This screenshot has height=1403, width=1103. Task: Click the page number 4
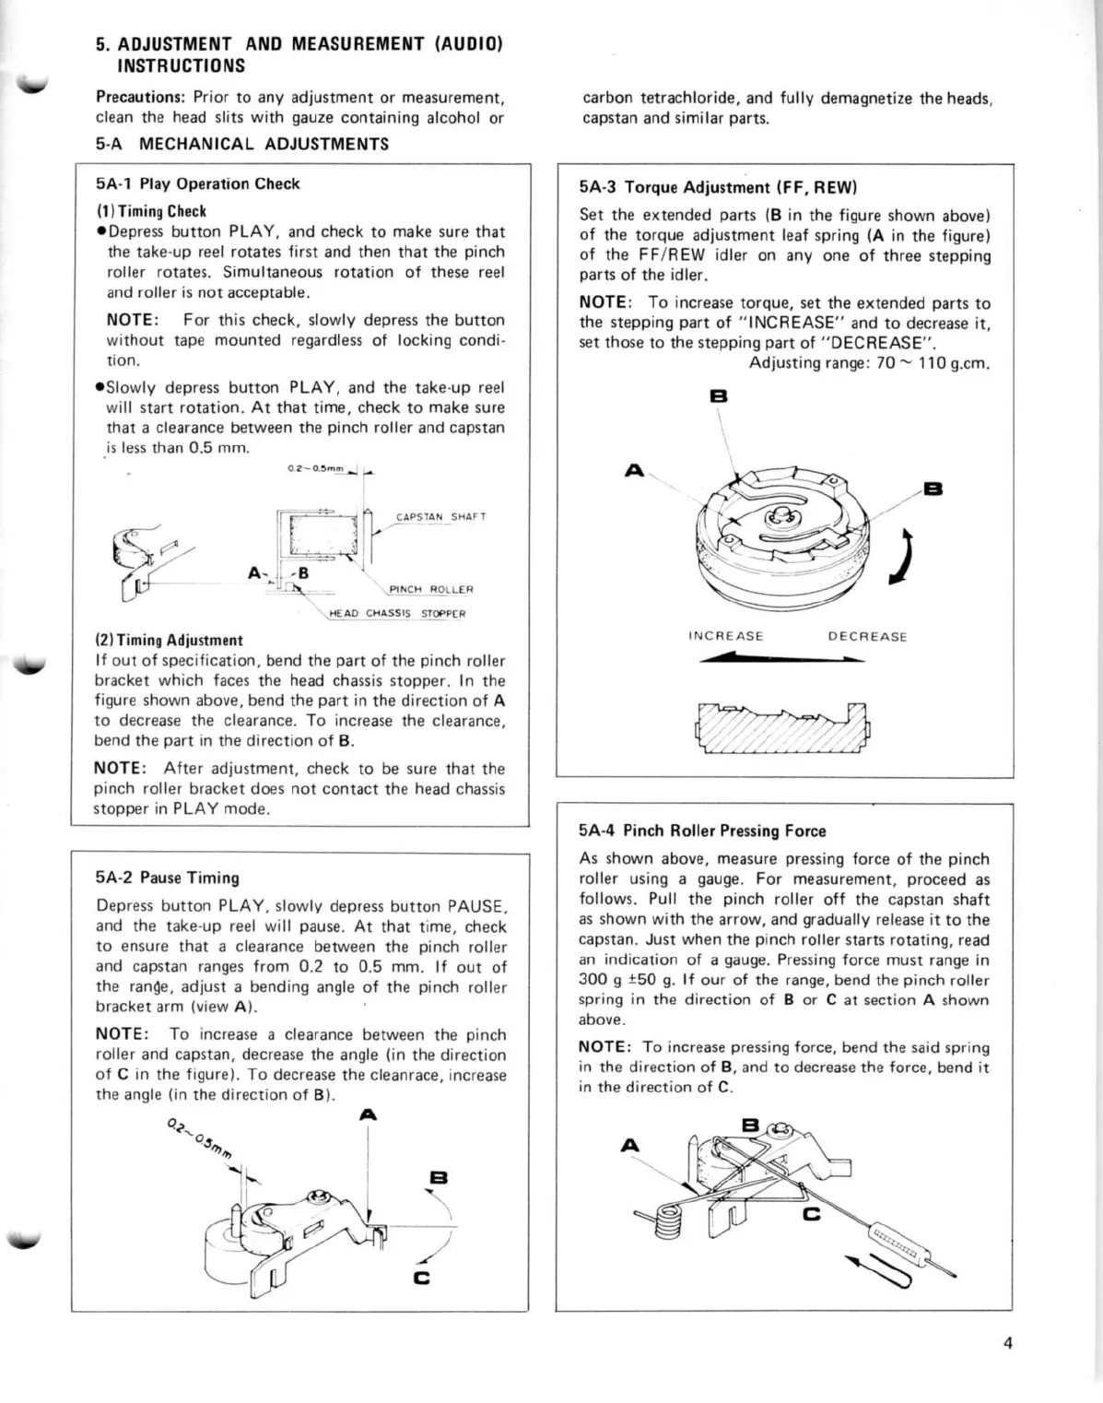coord(1007,1343)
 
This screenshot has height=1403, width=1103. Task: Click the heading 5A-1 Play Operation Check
coord(198,183)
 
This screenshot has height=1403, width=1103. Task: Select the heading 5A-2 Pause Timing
coord(168,878)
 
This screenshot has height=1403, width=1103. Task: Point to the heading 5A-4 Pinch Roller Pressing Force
coord(702,831)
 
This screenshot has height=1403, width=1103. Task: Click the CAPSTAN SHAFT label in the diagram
coord(440,517)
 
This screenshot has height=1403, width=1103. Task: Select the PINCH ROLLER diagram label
coord(431,589)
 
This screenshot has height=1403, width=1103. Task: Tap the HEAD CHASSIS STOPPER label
coord(397,613)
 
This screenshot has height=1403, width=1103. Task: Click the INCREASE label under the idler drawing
coord(726,636)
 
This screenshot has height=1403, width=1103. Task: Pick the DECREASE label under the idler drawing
coord(867,636)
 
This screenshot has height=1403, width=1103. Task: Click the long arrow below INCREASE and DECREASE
coord(781,658)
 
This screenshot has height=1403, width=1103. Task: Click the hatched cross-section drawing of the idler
coord(784,727)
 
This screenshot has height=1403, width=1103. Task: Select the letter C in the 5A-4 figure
coord(811,1214)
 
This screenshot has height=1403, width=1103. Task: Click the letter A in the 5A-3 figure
coord(634,471)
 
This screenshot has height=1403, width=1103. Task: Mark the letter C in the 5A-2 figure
coord(422,1278)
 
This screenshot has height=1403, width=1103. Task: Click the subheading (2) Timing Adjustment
coord(170,640)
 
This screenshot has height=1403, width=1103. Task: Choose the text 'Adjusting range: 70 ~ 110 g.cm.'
coord(870,362)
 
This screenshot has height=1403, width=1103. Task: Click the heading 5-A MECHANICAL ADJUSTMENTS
coord(242,144)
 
